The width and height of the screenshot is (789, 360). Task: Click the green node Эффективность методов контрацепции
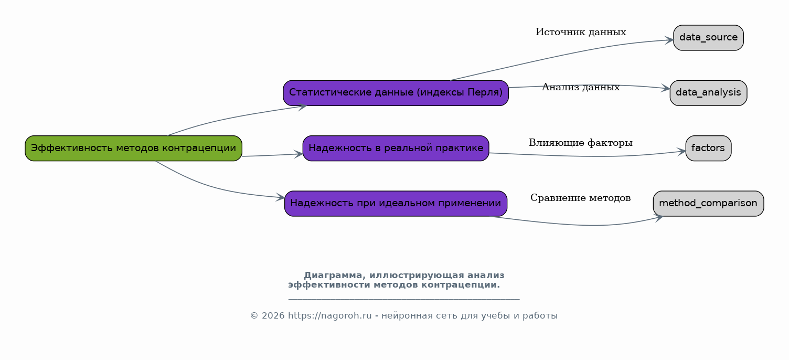click(x=133, y=149)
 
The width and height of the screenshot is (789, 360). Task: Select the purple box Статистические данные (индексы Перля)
click(x=396, y=93)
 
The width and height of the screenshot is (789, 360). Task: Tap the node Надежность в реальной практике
click(x=396, y=149)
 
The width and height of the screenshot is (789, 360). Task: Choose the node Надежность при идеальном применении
click(x=396, y=204)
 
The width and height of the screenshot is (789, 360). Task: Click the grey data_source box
click(x=708, y=38)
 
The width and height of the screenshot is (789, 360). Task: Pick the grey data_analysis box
click(x=708, y=93)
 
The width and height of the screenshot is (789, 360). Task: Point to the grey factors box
click(x=708, y=149)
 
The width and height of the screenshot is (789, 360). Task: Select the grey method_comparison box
click(x=708, y=204)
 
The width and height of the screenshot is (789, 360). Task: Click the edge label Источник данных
click(x=581, y=32)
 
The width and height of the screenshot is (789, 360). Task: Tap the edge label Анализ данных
click(x=581, y=87)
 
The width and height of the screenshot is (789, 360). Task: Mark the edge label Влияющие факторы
click(x=581, y=143)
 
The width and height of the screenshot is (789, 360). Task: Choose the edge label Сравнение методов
click(x=581, y=198)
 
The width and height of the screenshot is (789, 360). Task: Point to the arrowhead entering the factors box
click(x=681, y=152)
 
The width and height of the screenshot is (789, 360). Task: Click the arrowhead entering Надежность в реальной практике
click(x=298, y=154)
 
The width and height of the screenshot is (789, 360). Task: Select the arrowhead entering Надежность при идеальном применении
click(x=280, y=197)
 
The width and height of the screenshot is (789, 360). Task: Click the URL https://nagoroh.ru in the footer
click(x=329, y=315)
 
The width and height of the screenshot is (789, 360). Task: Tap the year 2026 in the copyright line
click(x=273, y=315)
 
